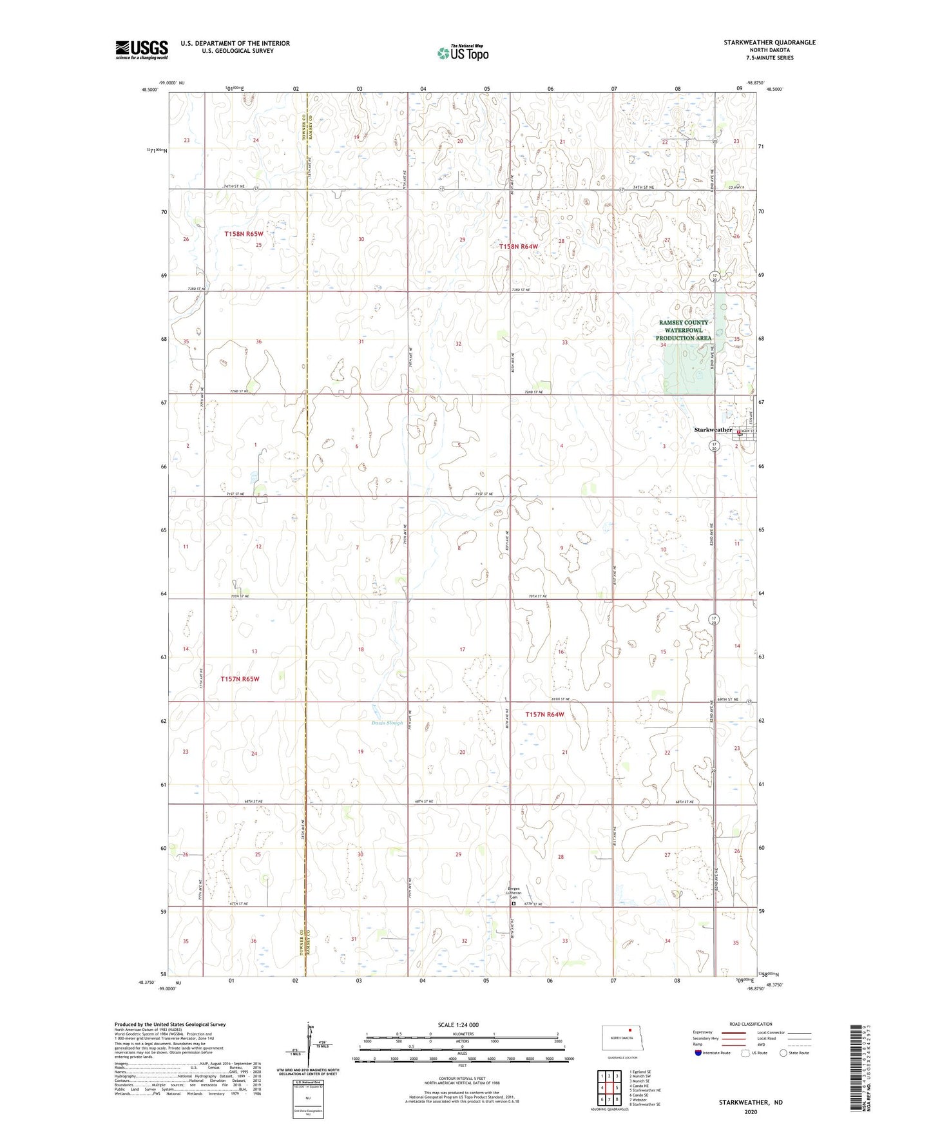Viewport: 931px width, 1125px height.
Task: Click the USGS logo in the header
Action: coord(142,50)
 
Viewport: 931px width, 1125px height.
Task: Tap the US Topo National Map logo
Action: coord(463,53)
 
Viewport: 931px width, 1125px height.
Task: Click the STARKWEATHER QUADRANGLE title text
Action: coord(769,43)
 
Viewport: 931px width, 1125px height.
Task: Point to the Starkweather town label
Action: coord(713,430)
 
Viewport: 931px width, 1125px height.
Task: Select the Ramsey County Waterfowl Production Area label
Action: coord(684,330)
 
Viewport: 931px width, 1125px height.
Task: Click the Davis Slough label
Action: coord(387,723)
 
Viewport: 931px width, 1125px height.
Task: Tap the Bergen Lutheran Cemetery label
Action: coord(513,892)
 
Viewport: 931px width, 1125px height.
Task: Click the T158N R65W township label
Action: coord(244,234)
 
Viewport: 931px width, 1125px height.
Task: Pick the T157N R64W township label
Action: coord(544,715)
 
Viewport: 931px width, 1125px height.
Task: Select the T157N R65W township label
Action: coord(240,679)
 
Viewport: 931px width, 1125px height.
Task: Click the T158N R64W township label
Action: coord(518,246)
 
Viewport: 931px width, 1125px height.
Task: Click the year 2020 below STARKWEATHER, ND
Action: coord(751,1111)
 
